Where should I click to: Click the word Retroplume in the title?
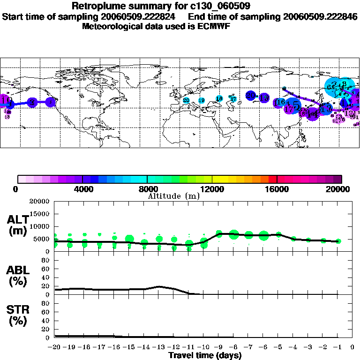pos(95,6)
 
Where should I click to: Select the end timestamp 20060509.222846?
pos(321,16)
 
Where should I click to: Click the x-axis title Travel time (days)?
pos(205,356)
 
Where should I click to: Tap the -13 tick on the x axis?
pos(159,347)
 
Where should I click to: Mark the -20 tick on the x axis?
pos(55,347)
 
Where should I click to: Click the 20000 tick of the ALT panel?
pos(39,202)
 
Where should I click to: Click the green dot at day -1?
pos(338,241)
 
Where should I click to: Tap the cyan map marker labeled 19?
pos(202,100)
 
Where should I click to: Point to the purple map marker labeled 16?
pos(280,102)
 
